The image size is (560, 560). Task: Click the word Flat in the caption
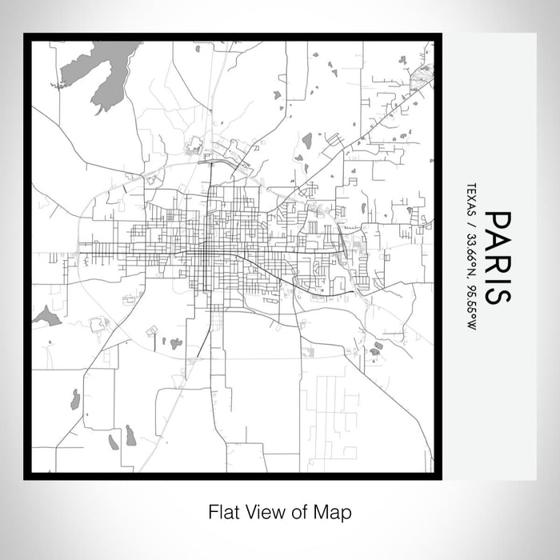pyautogui.click(x=222, y=511)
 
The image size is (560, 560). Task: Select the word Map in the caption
pyautogui.click(x=334, y=511)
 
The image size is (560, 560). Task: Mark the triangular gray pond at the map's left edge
pyautogui.click(x=47, y=317)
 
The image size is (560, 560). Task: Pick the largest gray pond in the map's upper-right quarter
pyautogui.click(x=306, y=142)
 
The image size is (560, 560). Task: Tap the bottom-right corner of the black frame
pyautogui.click(x=440, y=478)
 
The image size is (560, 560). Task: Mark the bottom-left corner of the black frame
pyautogui.click(x=26, y=478)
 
